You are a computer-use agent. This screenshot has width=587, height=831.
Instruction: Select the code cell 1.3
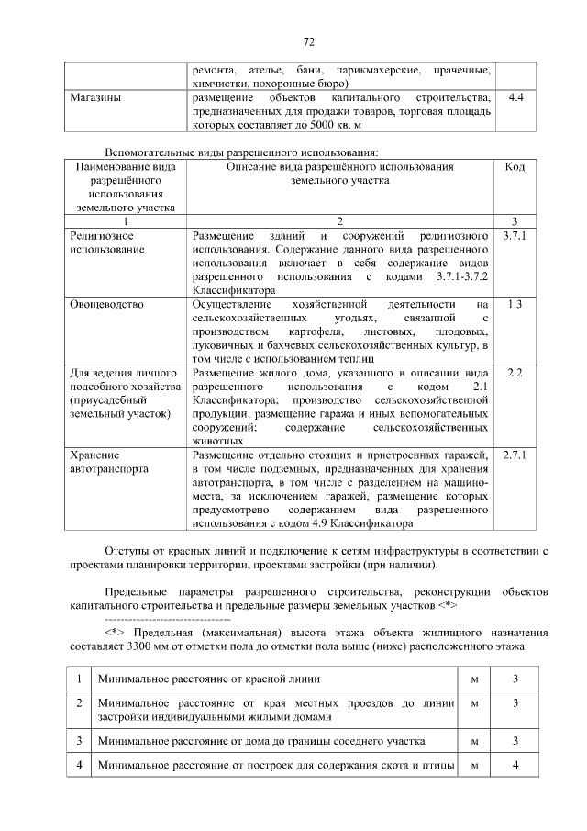pos(515,303)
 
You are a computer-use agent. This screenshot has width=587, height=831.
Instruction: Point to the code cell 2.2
pos(515,373)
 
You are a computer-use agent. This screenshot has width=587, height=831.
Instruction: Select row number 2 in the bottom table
pos(81,702)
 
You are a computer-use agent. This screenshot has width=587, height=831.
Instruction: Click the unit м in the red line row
pos(474,678)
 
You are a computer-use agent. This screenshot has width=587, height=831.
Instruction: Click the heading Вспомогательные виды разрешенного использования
pos(242,152)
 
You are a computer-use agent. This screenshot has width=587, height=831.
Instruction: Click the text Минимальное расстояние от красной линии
pos(209,678)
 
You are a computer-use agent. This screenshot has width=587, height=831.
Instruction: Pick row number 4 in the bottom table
pos(81,765)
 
